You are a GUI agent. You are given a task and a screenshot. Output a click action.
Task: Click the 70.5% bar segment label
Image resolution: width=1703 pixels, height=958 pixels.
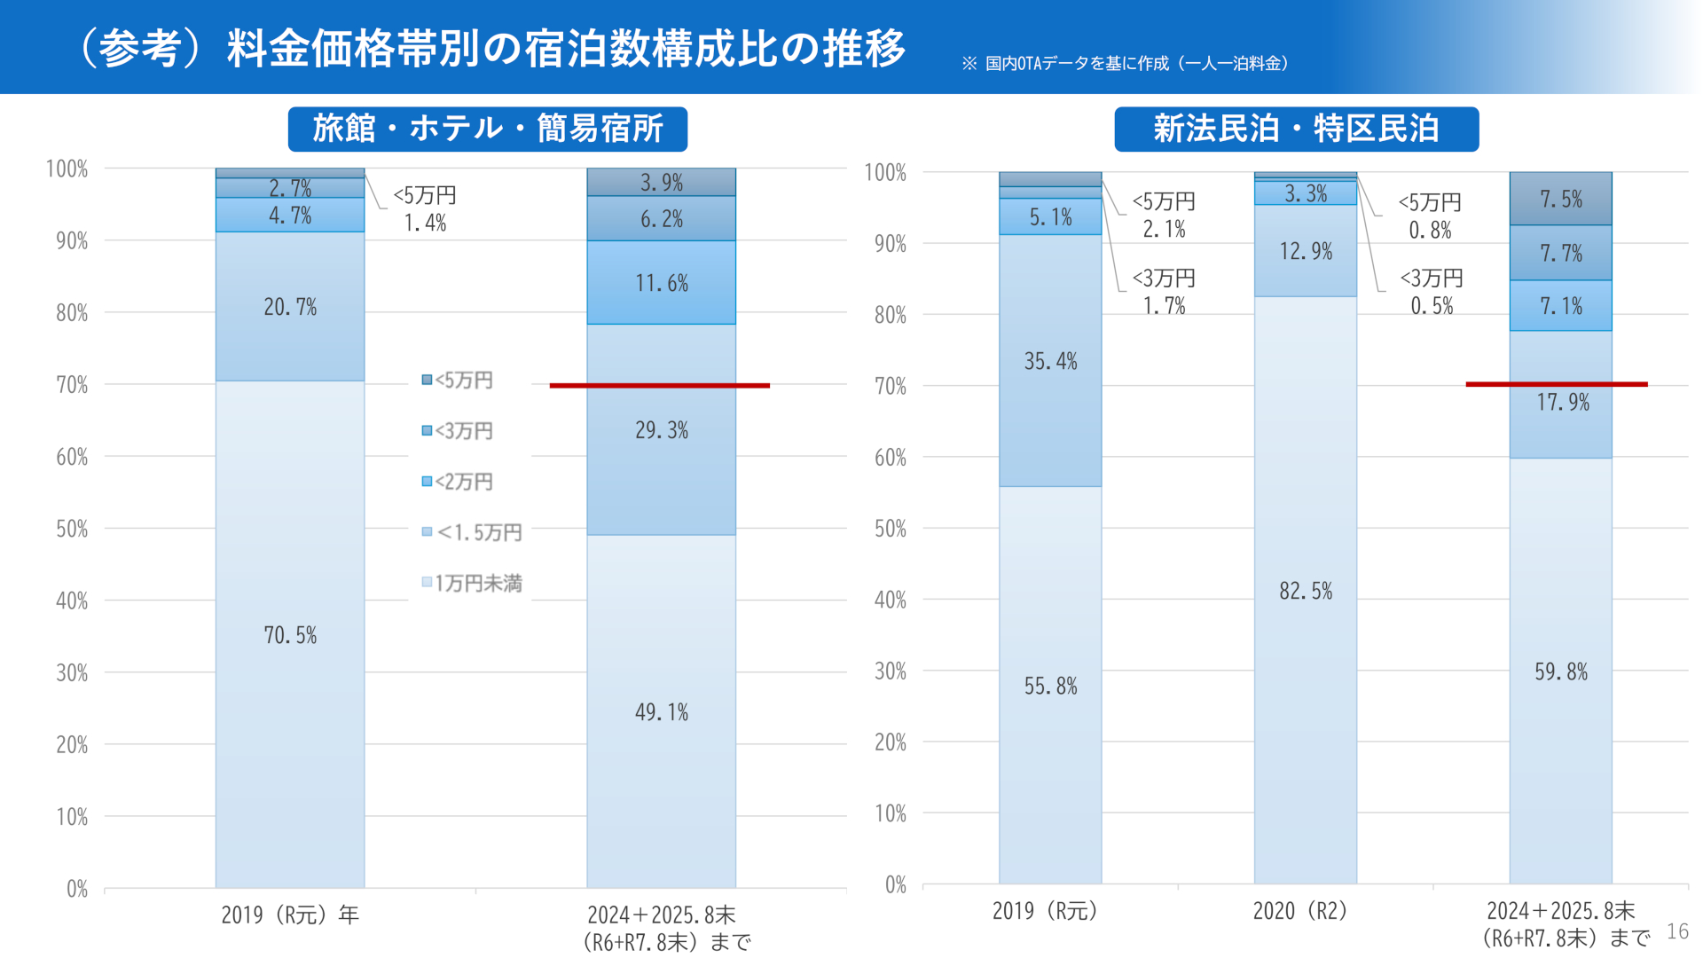pyautogui.click(x=290, y=635)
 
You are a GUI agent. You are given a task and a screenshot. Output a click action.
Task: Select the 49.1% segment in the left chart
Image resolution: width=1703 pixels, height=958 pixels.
pyautogui.click(x=661, y=711)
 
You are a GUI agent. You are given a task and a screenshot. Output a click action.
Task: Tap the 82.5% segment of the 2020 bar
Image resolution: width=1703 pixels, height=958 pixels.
pyautogui.click(x=1305, y=591)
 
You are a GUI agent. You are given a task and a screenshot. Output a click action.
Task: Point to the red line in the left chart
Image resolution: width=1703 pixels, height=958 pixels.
pyautogui.click(x=659, y=386)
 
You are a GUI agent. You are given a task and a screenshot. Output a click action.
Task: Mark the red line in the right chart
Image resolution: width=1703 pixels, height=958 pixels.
pyautogui.click(x=1556, y=384)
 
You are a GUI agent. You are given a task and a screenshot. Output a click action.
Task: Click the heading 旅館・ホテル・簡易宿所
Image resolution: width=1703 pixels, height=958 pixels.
pyautogui.click(x=487, y=130)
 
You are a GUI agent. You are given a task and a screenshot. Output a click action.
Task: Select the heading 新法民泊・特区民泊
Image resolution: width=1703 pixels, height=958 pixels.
pyautogui.click(x=1296, y=130)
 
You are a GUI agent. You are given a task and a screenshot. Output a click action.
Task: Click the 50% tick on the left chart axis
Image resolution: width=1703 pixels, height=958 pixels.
pyautogui.click(x=72, y=529)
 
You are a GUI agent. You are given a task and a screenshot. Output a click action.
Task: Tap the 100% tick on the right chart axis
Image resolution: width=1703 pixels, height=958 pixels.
pyautogui.click(x=885, y=172)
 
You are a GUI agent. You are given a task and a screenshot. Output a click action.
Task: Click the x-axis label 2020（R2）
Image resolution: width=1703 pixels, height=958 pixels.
pyautogui.click(x=1299, y=911)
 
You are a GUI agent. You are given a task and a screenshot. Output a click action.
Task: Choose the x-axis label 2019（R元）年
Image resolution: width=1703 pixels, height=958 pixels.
pyautogui.click(x=290, y=915)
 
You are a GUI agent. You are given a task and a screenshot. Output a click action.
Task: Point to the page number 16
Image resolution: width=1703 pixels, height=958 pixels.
pyautogui.click(x=1677, y=931)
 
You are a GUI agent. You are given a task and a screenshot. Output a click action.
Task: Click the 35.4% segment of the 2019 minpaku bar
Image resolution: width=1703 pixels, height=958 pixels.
pyautogui.click(x=1050, y=361)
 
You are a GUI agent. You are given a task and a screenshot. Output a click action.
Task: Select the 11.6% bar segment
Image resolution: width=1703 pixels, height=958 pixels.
pyautogui.click(x=661, y=283)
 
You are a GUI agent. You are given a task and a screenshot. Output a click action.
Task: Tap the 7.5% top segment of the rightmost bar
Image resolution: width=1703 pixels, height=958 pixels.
pyautogui.click(x=1560, y=199)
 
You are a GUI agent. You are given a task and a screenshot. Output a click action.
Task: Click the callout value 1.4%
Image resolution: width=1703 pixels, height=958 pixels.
pyautogui.click(x=425, y=223)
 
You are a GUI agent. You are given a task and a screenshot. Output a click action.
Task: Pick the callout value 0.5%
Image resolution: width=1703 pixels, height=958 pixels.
pyautogui.click(x=1432, y=306)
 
